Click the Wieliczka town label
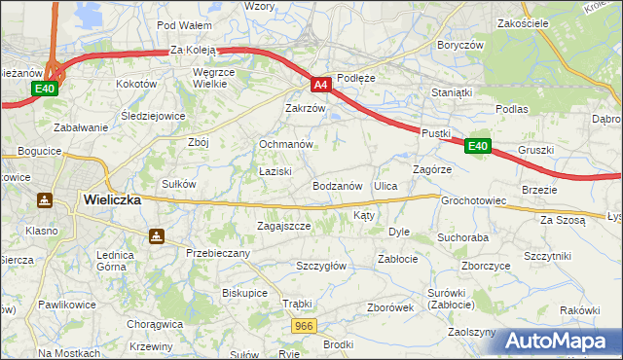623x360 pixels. click(112, 198)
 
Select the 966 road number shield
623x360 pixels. click(304, 326)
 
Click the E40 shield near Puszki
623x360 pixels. click(477, 146)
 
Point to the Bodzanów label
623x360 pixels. click(338, 185)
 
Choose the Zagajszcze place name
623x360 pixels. click(283, 226)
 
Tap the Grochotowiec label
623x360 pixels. click(474, 200)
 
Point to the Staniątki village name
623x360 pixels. click(452, 92)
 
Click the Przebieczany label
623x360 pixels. click(218, 253)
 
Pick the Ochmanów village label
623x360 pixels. click(285, 144)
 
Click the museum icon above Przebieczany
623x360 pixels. click(156, 235)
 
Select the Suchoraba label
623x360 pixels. click(462, 236)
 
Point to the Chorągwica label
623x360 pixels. click(155, 324)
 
